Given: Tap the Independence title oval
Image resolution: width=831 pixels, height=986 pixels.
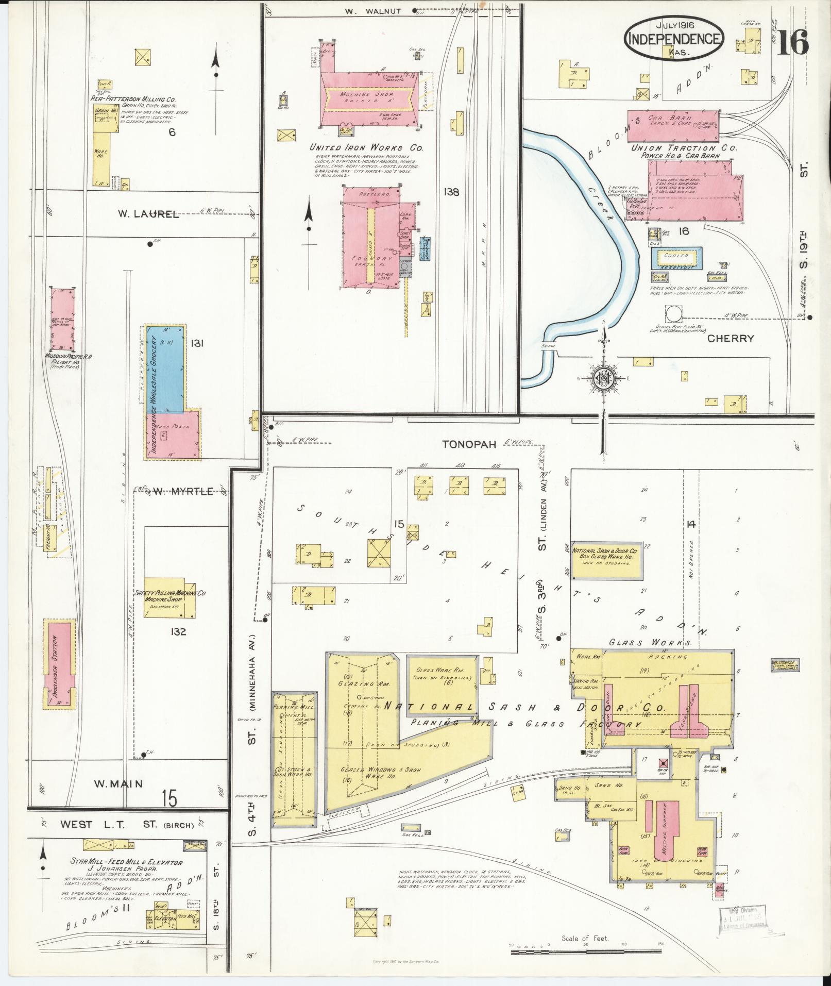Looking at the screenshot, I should pyautogui.click(x=674, y=39).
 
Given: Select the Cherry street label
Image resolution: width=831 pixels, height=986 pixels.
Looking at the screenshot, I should pyautogui.click(x=731, y=339).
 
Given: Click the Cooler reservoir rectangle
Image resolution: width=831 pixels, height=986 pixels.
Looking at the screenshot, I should pyautogui.click(x=676, y=258).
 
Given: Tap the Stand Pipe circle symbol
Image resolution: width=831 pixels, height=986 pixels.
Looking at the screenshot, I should pyautogui.click(x=673, y=313).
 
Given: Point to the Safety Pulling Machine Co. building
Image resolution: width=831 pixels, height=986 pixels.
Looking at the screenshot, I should pyautogui.click(x=169, y=597).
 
